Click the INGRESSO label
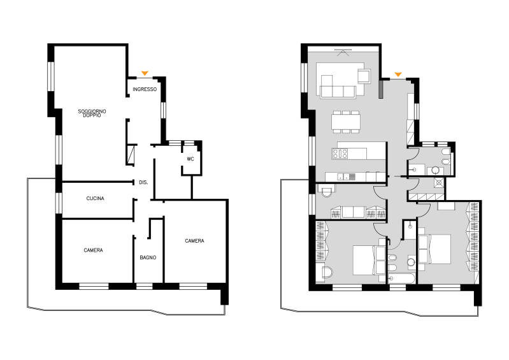145,89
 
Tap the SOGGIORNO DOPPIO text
92,113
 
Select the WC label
190,159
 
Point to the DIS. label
143,182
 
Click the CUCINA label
95,198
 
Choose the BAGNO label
148,257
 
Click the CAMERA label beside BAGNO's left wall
93,250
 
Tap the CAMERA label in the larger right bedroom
194,241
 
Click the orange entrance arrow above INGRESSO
145,73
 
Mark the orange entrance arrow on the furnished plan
398,75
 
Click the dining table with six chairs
346,122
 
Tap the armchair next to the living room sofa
364,76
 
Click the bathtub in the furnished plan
401,278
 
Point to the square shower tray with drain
439,183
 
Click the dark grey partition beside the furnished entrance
381,89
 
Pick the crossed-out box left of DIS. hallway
131,155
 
